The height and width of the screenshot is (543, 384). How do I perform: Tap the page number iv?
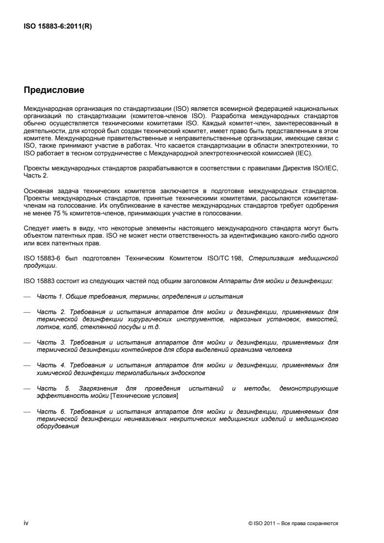click(26, 523)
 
